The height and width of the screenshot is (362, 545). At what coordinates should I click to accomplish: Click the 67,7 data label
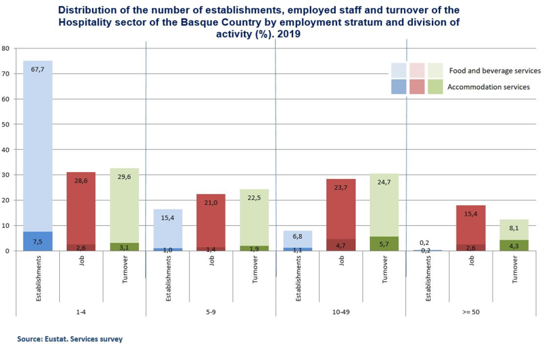coord(37,69)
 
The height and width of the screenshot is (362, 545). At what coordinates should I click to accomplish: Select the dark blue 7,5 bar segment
coord(38,241)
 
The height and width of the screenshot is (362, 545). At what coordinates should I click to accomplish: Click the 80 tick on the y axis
coord(5,49)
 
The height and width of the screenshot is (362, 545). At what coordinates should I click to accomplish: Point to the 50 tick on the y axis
coord(5,125)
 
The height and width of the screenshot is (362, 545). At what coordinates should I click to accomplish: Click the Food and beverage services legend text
coord(494,71)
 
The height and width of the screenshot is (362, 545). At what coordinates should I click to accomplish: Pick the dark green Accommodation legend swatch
coord(435,87)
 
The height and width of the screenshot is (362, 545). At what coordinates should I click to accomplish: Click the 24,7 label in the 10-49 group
coord(384,183)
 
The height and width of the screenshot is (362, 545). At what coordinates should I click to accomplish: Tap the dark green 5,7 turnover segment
coord(384,244)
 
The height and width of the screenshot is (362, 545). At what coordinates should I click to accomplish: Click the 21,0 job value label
coord(211,203)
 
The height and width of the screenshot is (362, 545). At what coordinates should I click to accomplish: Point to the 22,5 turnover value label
coord(254,198)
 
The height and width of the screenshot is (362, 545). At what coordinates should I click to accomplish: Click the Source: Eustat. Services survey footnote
coord(69,338)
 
